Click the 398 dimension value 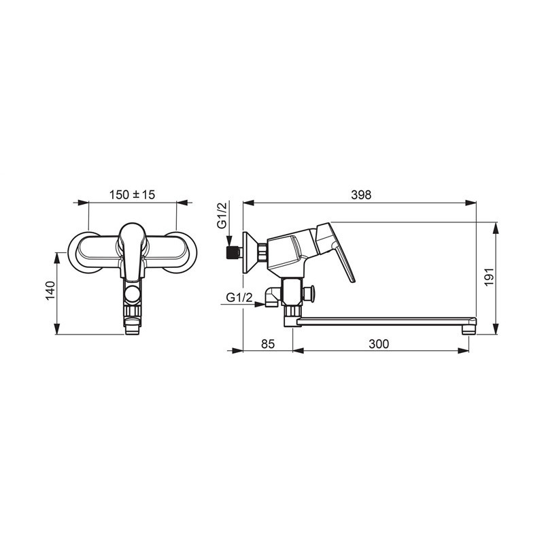361,195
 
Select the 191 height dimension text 489,277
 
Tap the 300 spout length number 379,344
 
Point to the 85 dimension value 268,344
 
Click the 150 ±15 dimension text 132,194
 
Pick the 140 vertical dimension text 50,291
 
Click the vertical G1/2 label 222,215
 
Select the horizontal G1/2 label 239,297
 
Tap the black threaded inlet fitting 232,253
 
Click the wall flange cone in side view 250,252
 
